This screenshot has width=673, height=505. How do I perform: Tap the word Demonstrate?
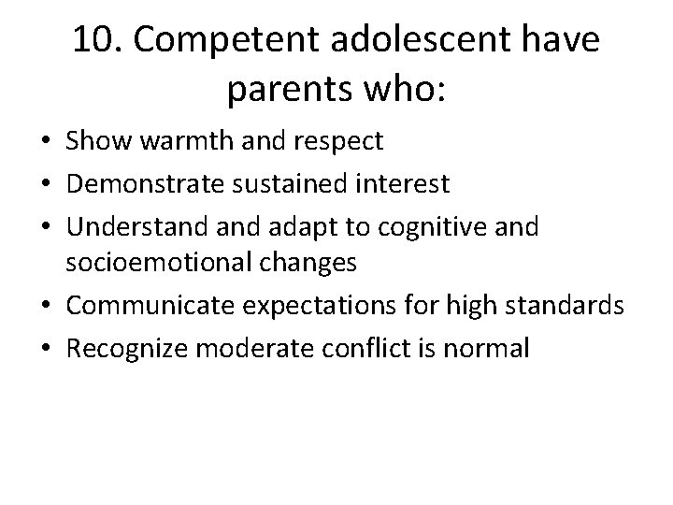[x=132, y=183]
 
